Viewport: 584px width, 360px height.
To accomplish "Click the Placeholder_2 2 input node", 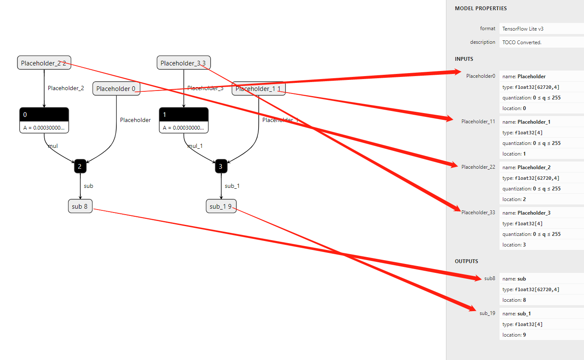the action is [44, 63].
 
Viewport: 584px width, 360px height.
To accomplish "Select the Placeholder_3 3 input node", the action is [183, 63].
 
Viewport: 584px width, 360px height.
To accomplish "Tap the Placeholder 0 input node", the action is [116, 89].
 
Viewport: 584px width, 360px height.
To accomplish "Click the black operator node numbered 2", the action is [80, 166].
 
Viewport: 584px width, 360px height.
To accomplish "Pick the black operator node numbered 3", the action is [221, 166].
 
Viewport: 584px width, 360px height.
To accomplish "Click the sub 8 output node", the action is [80, 206].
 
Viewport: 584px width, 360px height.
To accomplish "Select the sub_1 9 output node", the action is [221, 206].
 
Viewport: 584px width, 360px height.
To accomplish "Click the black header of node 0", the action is [44, 114].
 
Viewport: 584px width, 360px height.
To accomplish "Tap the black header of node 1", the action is [183, 114].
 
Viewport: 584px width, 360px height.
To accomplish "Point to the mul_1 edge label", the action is [195, 146].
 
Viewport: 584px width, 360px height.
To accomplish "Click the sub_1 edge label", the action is [232, 186].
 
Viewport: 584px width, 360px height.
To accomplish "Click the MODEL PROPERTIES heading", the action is [481, 9].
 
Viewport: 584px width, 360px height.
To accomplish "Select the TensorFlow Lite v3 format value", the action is [523, 29].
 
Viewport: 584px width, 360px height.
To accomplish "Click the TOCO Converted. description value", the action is [522, 43].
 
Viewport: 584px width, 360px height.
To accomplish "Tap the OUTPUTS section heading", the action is [466, 261].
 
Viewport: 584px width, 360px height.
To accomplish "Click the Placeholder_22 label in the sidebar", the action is [478, 167].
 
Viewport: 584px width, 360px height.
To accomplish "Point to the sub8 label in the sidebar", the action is [490, 278].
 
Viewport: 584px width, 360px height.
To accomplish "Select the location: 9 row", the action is [514, 335].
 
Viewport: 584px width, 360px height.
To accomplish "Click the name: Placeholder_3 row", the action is [526, 213].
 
